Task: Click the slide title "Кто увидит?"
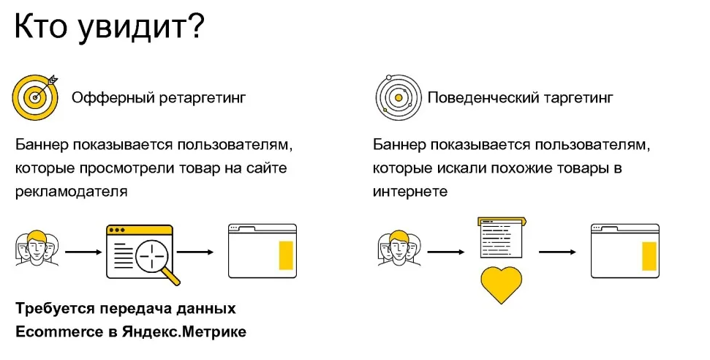click(110, 27)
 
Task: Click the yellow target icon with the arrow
click(35, 97)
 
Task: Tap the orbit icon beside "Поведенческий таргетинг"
click(399, 97)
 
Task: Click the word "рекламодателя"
click(71, 191)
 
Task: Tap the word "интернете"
click(409, 191)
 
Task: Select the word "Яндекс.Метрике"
click(184, 331)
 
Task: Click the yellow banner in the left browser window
click(286, 255)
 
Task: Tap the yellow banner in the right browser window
click(649, 255)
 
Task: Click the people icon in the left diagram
click(37, 249)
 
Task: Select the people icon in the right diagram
click(399, 249)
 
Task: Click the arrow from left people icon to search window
click(84, 252)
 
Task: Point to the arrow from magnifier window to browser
click(195, 252)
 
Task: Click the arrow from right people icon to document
click(446, 252)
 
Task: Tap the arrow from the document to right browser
click(557, 252)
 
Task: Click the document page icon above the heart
click(502, 238)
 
